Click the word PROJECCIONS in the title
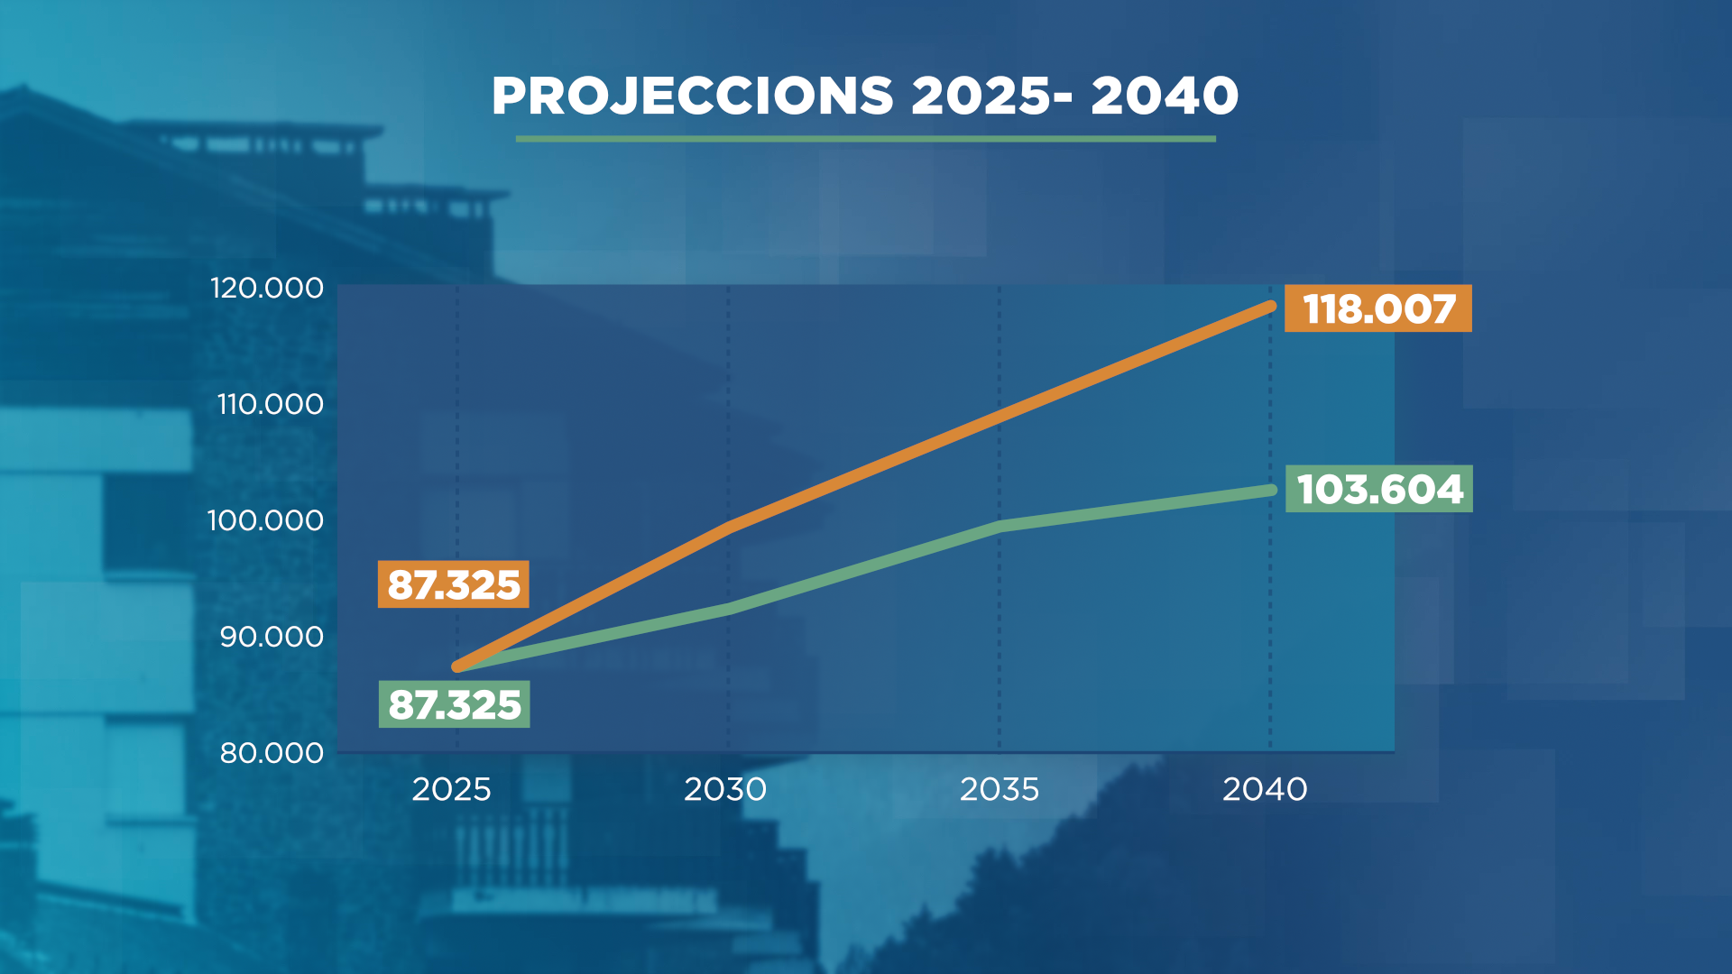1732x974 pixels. (692, 96)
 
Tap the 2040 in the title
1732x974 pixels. (1165, 96)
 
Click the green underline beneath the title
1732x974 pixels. (865, 139)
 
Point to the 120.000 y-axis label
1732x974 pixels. (266, 289)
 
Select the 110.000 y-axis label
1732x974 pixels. (270, 404)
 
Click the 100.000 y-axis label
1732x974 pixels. (265, 520)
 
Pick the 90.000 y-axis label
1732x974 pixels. (272, 637)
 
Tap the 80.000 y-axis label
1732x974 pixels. (272, 753)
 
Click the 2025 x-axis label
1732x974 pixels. (451, 790)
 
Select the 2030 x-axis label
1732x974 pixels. (725, 790)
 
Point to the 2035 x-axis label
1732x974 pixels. (1000, 790)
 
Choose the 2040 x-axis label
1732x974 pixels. (1265, 790)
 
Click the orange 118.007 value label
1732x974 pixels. (1378, 309)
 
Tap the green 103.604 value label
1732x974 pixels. (1379, 489)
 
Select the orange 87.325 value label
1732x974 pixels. (454, 584)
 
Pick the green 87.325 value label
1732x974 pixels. (455, 704)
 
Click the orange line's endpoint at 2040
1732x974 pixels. (1271, 306)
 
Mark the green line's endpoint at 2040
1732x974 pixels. (1271, 490)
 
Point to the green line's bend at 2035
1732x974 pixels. (1000, 526)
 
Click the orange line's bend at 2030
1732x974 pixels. (729, 526)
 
